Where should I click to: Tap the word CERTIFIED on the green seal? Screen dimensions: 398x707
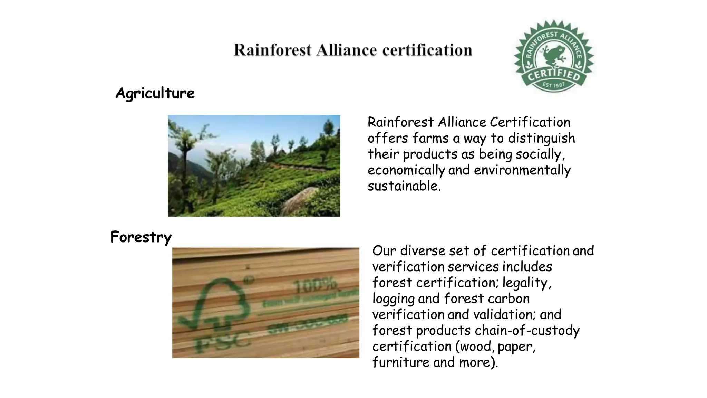click(x=554, y=75)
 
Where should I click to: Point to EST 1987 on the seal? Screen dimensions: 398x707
click(x=554, y=85)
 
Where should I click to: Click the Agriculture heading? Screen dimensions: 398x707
click(x=155, y=93)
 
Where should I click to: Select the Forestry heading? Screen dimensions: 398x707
click(x=141, y=237)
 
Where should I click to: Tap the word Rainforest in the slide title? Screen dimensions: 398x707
click(x=272, y=50)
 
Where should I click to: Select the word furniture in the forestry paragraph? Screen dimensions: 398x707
click(x=400, y=362)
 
